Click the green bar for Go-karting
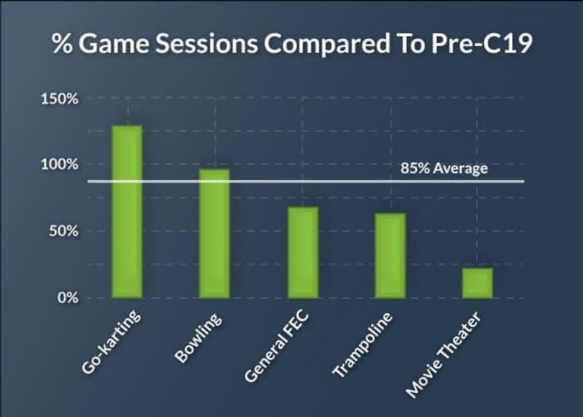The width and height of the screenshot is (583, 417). pos(127,211)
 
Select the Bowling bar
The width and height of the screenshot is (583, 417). pos(215,233)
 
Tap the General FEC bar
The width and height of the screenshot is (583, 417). pos(303,252)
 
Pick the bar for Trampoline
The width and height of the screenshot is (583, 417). pos(390,255)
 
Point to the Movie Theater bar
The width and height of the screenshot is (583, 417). pos(478,283)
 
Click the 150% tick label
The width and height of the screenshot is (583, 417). pos(59,99)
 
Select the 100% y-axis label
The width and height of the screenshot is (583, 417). pos(59,165)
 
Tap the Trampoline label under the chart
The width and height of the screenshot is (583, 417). pos(364,345)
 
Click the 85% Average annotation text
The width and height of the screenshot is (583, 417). pos(444,168)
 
